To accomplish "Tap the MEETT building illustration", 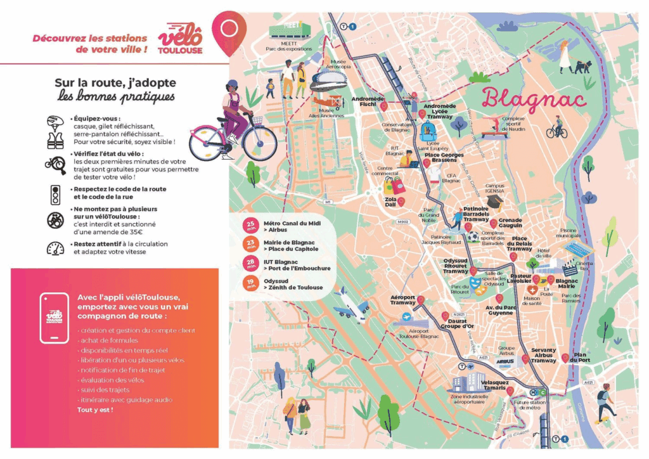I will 290,29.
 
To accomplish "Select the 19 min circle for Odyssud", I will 250,283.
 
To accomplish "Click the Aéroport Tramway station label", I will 402,300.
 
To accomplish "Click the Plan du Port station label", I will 579,358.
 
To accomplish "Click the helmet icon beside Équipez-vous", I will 55,122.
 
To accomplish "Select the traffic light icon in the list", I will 55,193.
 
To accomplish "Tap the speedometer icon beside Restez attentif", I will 55,249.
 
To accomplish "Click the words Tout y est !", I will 95,410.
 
